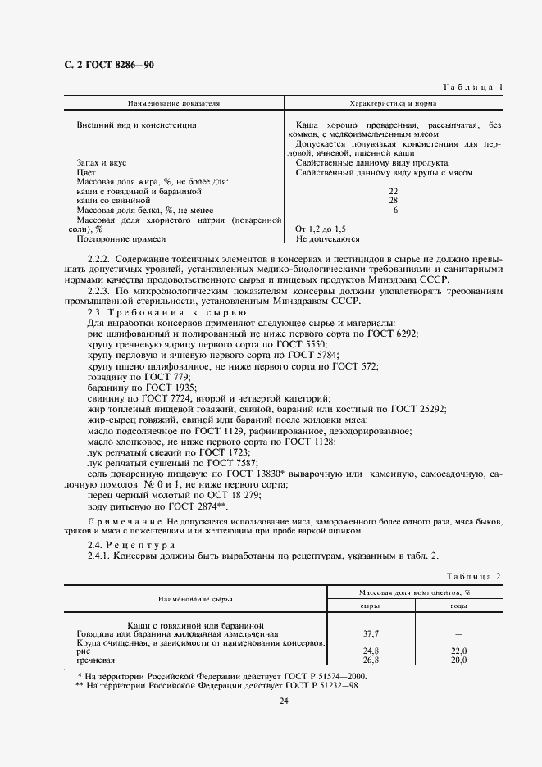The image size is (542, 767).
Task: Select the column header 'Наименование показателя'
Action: coord(173,104)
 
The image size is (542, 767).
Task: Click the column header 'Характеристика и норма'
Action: coord(393,104)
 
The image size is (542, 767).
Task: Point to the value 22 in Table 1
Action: coord(393,190)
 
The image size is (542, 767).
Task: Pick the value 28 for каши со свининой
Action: coord(393,200)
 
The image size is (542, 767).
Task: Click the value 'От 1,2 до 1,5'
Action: coord(321,229)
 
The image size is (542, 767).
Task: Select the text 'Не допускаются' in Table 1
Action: coord(328,239)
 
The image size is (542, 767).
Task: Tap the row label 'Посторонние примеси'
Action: coord(121,239)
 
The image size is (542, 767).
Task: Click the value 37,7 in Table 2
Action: coord(371,633)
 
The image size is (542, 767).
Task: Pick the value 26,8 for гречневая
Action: coord(371,660)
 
